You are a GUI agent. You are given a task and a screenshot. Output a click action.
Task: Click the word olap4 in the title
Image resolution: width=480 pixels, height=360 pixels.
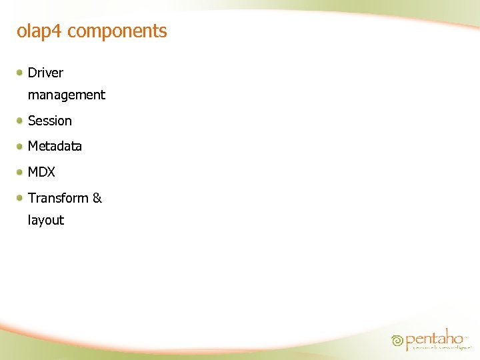coord(39,31)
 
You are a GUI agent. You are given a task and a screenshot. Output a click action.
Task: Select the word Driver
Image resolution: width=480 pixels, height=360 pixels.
coord(45,73)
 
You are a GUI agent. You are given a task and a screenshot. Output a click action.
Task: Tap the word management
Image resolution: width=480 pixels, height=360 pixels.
coord(66,95)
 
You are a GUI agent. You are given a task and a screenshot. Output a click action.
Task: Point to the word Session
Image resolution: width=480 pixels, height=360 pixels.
coord(49,121)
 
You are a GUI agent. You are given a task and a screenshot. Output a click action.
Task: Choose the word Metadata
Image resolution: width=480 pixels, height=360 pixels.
coord(55,146)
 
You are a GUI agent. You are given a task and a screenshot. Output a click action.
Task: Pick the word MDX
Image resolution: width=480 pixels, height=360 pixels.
coord(41,172)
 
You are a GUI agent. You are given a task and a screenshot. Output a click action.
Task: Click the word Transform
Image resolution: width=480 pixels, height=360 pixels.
coord(58,198)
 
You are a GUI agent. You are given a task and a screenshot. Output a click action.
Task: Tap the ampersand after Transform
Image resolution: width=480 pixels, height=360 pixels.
coord(97,198)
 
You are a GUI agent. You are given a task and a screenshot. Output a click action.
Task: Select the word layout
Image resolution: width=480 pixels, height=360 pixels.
coord(45,220)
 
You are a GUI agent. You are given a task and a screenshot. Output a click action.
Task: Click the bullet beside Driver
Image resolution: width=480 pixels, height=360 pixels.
coord(21,71)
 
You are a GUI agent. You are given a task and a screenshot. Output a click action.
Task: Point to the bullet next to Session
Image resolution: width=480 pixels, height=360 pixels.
coord(21,120)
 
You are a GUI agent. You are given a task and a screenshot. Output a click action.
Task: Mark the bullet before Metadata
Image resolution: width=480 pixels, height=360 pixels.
coord(21,145)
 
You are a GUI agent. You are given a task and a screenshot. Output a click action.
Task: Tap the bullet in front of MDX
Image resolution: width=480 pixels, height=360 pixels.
coord(21,171)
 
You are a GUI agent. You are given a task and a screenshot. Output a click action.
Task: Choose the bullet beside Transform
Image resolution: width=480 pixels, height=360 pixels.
coord(21,197)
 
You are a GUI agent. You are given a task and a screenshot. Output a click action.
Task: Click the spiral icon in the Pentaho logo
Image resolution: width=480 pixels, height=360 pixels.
coord(398,341)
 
